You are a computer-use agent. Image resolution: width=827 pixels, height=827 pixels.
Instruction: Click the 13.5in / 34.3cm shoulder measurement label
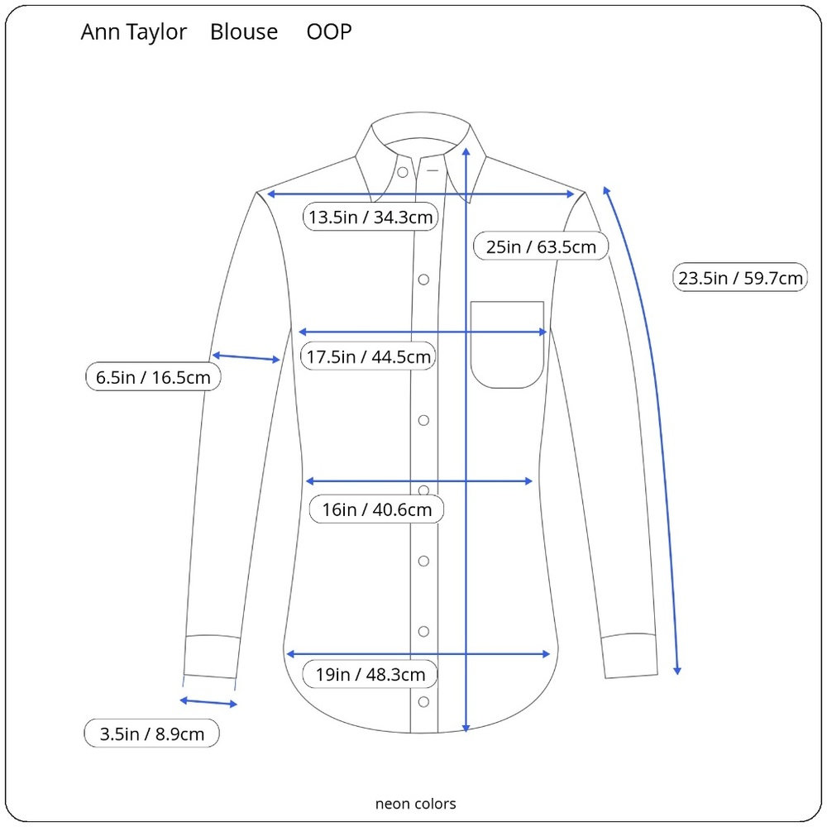pyautogui.click(x=370, y=217)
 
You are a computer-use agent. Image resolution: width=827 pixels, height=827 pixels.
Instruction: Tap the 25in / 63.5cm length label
pyautogui.click(x=541, y=246)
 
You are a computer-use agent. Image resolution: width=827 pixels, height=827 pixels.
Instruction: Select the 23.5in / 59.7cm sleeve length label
pyautogui.click(x=740, y=277)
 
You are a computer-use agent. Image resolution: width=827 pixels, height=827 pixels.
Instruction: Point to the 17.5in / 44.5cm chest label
pyautogui.click(x=368, y=356)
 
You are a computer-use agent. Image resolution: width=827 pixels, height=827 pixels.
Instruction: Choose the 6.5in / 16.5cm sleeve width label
pyautogui.click(x=153, y=377)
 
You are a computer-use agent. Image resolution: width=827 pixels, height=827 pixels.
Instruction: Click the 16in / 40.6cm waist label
pyautogui.click(x=376, y=509)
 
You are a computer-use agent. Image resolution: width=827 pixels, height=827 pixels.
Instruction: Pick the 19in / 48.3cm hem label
pyautogui.click(x=370, y=674)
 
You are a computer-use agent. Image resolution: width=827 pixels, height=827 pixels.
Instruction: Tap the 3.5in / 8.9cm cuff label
pyautogui.click(x=152, y=734)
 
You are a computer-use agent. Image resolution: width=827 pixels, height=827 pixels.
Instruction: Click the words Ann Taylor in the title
pyautogui.click(x=134, y=32)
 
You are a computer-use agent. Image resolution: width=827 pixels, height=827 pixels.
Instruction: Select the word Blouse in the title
pyautogui.click(x=244, y=31)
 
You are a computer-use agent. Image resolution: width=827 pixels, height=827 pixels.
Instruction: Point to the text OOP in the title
pyautogui.click(x=329, y=31)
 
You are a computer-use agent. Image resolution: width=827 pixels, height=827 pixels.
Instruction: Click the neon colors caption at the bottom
pyautogui.click(x=416, y=804)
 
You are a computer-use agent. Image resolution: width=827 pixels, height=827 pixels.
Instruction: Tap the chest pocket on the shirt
pyautogui.click(x=507, y=345)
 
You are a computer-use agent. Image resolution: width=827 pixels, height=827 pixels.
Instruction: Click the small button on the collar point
pyautogui.click(x=403, y=172)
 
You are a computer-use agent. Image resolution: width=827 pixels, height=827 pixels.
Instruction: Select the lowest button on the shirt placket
pyautogui.click(x=423, y=702)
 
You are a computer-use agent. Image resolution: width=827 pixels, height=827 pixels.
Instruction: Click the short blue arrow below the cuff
pyautogui.click(x=208, y=702)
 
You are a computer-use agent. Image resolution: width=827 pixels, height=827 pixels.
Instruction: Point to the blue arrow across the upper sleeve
pyautogui.click(x=246, y=357)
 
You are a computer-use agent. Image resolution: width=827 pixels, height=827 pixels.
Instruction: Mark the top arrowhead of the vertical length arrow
pyautogui.click(x=466, y=152)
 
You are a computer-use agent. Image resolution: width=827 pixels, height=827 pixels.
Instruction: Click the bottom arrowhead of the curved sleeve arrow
pyautogui.click(x=677, y=671)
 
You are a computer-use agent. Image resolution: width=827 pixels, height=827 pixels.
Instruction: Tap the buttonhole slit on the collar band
pyautogui.click(x=433, y=170)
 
